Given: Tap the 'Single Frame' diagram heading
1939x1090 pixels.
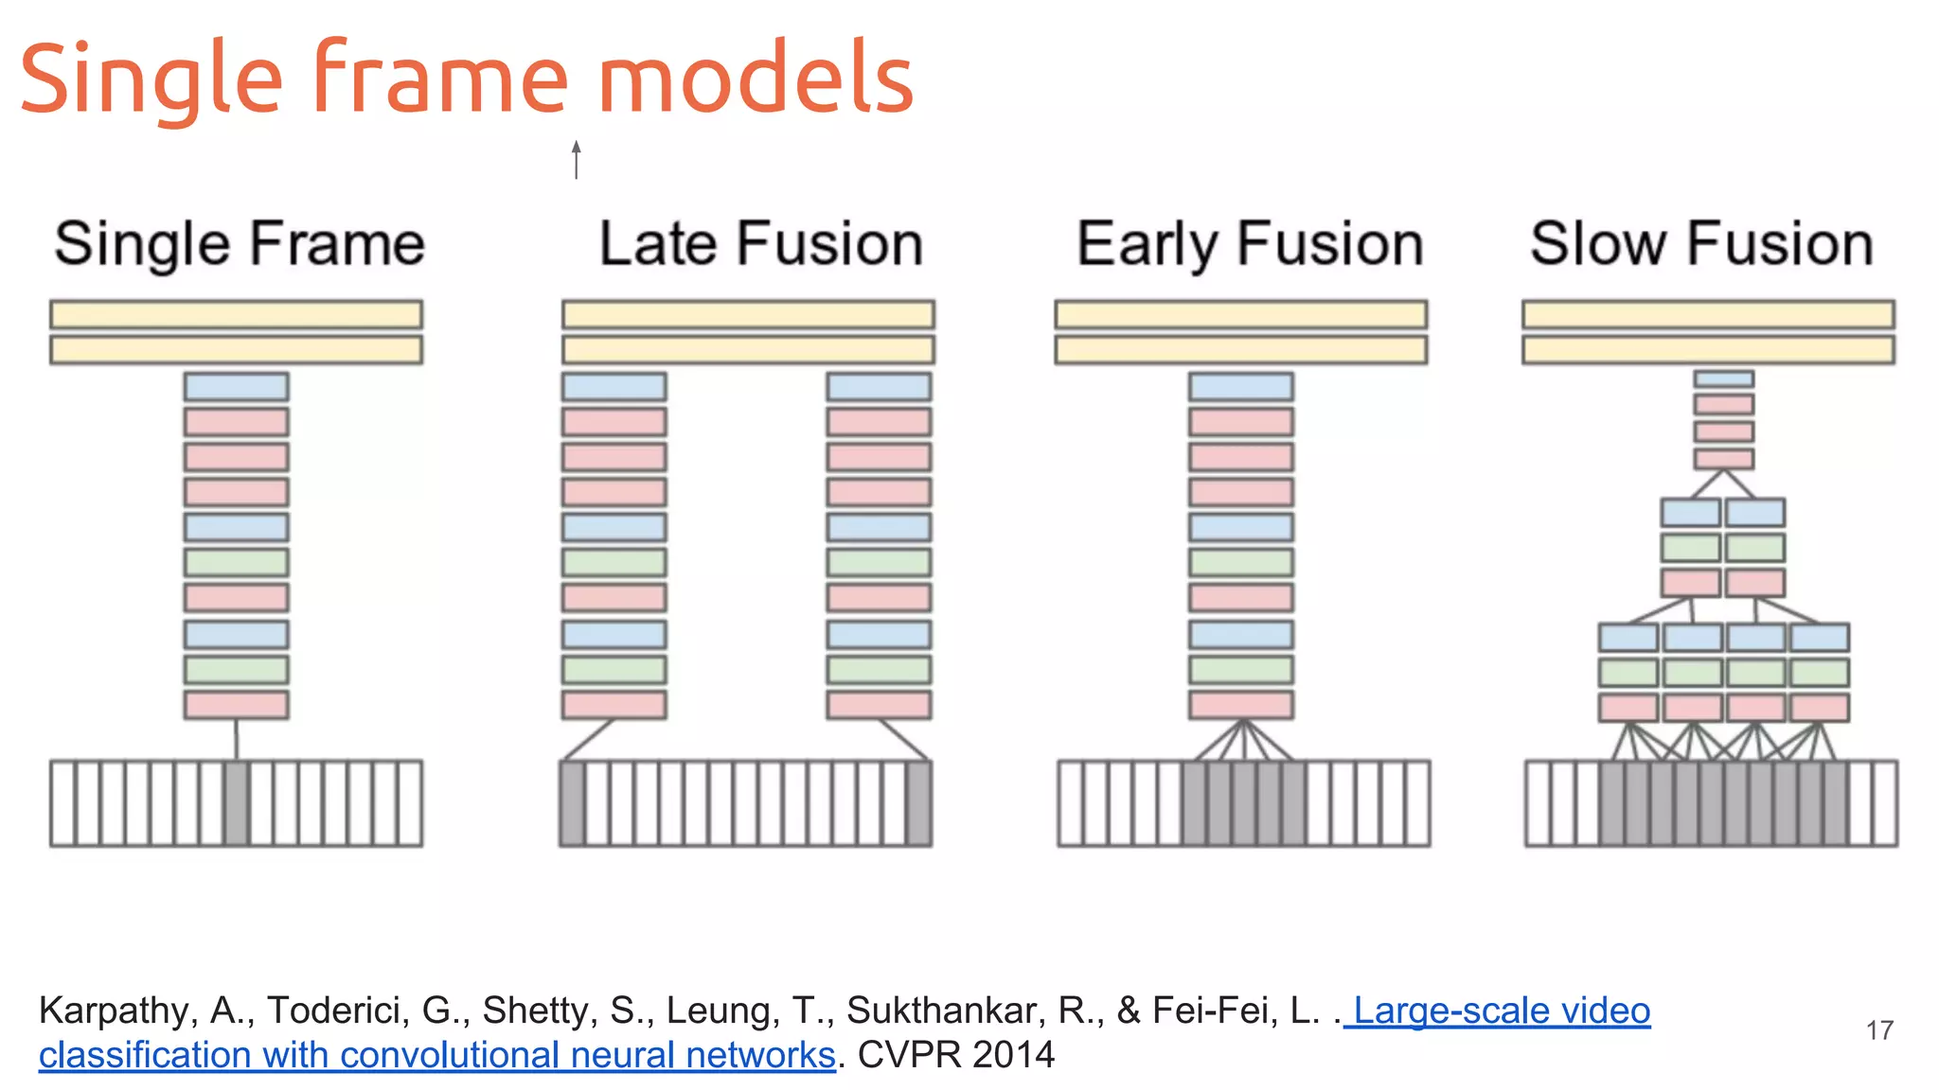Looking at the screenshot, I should click(240, 244).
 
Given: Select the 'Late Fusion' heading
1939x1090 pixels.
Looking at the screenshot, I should click(760, 244).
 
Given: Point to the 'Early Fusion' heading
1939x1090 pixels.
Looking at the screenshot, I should click(1250, 244).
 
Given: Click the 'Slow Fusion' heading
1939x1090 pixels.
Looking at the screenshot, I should click(1701, 244).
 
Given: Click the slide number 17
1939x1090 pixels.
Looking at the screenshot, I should click(1879, 1030).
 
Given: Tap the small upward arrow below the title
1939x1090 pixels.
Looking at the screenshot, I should click(576, 159).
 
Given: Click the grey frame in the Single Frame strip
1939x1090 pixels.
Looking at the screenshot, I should click(237, 802).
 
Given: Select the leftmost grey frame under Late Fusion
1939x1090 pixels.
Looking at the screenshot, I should click(572, 802).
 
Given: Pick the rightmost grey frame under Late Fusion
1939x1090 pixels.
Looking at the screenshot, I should click(918, 802).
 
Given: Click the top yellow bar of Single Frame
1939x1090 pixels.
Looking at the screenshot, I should click(236, 314).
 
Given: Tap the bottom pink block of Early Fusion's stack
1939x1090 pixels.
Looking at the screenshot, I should click(1240, 705).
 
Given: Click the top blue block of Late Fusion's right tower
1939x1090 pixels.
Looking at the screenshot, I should click(879, 386).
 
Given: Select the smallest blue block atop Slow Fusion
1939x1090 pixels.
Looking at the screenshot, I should click(1723, 378).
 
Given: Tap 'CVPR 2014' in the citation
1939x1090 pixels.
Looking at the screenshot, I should click(955, 1054).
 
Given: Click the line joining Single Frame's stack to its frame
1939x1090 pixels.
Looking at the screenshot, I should click(237, 739).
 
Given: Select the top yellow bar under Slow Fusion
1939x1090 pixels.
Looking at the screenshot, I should click(1708, 314).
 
